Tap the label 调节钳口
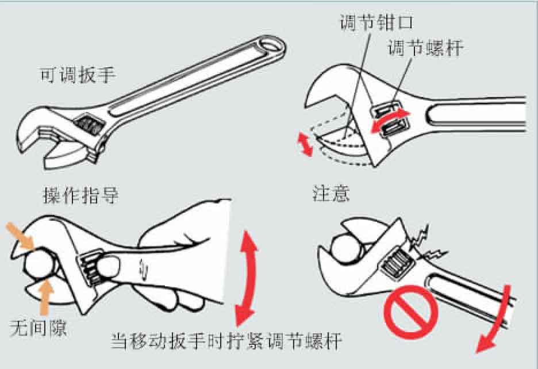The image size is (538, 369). point(376,22)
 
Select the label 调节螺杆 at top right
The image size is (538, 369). point(426,48)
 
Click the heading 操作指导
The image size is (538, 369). point(80,195)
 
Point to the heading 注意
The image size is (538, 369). point(331,193)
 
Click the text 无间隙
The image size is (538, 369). point(38,328)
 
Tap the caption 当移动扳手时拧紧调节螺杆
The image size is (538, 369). point(226,341)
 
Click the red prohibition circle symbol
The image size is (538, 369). point(411,312)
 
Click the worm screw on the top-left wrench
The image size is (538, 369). point(89,124)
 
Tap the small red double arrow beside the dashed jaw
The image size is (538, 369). point(305,144)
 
